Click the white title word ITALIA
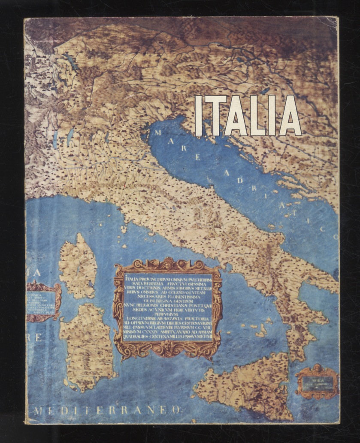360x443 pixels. [x=248, y=115]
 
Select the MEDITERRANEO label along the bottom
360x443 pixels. [x=107, y=410]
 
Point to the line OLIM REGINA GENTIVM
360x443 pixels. [x=168, y=301]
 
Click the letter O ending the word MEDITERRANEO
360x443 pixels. [x=175, y=410]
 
